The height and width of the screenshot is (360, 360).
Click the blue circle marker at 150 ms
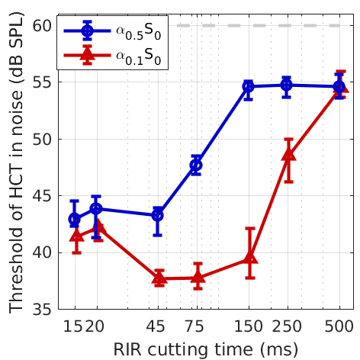tap(248, 86)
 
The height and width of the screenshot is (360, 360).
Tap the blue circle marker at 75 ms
tap(196, 165)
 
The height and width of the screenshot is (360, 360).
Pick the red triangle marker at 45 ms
tap(159, 278)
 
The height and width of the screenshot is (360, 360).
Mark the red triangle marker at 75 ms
tap(198, 278)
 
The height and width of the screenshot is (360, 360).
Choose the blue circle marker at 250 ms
tap(286, 85)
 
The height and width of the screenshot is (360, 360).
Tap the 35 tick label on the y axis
tap(42, 310)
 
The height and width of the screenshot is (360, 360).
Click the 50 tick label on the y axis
tap(42, 140)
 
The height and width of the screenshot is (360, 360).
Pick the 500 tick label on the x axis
tap(339, 324)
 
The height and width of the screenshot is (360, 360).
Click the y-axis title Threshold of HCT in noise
tap(15, 168)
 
